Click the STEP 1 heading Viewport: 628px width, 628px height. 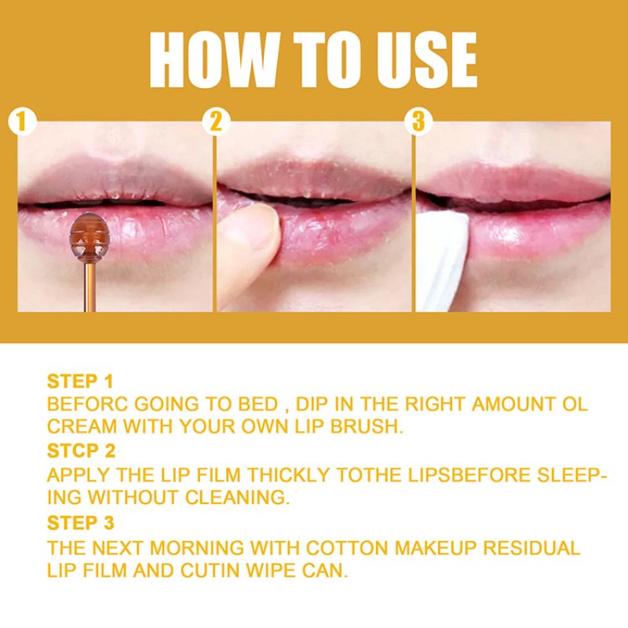(x=80, y=382)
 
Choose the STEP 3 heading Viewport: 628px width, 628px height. (x=81, y=523)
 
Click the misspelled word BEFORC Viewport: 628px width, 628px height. (x=86, y=405)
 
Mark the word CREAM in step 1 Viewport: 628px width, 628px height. (x=79, y=428)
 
